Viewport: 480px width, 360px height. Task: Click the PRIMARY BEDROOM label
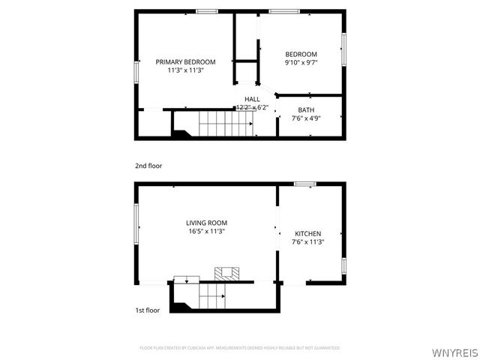(185, 61)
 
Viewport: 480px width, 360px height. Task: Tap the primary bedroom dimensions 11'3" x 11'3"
(185, 70)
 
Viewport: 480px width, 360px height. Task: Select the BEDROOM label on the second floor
(301, 54)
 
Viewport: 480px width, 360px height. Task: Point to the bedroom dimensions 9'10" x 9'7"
(301, 63)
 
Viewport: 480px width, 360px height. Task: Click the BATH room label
(305, 110)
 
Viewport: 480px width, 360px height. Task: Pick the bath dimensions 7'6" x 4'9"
(305, 118)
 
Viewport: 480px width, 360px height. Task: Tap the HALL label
(252, 99)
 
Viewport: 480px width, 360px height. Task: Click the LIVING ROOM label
(206, 223)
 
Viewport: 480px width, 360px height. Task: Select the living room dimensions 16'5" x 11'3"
(206, 232)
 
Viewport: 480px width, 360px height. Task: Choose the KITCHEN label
(307, 233)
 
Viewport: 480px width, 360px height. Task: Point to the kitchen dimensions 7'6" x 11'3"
(307, 242)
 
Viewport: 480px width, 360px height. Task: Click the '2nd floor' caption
(148, 166)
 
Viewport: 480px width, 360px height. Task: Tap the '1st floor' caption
(147, 310)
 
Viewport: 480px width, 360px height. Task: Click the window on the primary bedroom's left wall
(136, 72)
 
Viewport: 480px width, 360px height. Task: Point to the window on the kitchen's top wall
(304, 184)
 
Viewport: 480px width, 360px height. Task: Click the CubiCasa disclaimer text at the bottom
(240, 348)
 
